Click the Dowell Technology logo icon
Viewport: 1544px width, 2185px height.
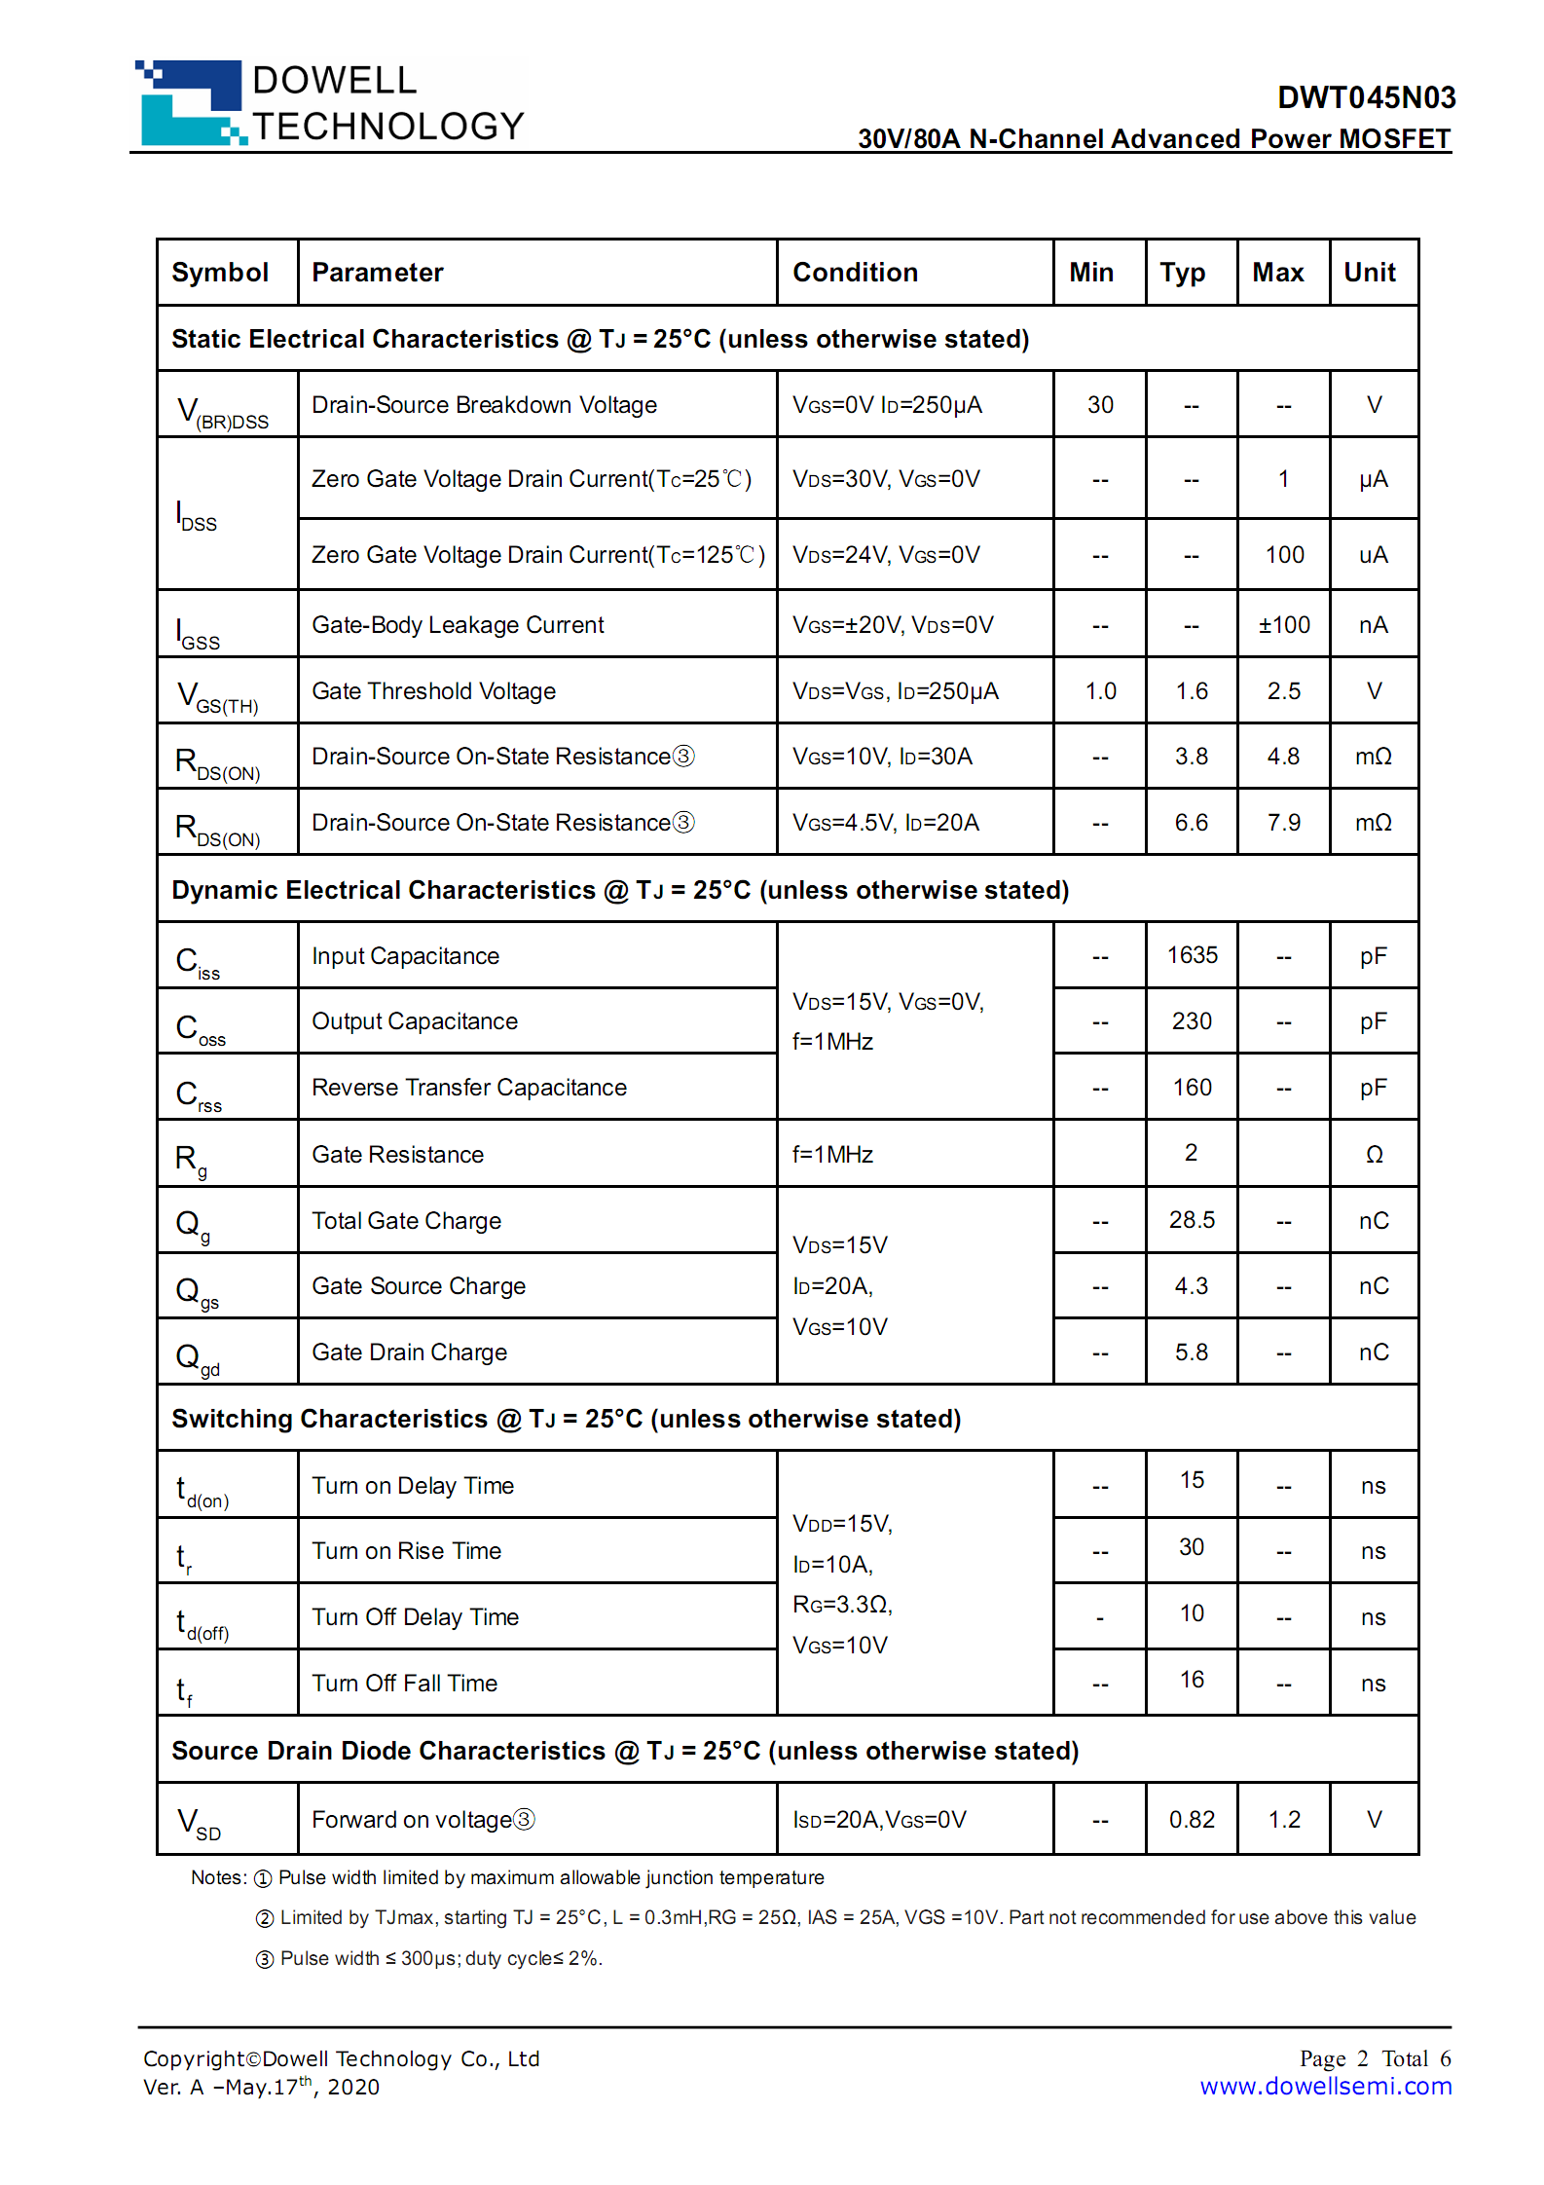[x=191, y=103]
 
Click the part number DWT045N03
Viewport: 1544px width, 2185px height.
[x=1366, y=97]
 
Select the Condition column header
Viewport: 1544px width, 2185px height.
[x=855, y=273]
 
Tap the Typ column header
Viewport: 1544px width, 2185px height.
[x=1182, y=273]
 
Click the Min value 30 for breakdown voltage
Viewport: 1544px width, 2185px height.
[x=1100, y=405]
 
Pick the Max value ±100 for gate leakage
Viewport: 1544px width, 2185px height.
[x=1284, y=625]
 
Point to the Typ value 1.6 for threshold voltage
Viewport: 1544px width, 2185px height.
[x=1192, y=691]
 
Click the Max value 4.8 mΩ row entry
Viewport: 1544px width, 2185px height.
[x=1283, y=757]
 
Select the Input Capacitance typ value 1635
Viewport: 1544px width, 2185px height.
[x=1192, y=955]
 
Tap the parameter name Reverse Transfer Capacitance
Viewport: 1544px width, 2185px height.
[x=469, y=1088]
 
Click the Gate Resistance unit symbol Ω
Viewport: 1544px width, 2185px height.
[x=1374, y=1155]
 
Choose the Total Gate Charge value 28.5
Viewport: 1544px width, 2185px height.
[x=1192, y=1220]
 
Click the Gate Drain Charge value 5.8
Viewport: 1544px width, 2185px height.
[x=1192, y=1352]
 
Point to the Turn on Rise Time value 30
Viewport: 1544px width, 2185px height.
[x=1192, y=1547]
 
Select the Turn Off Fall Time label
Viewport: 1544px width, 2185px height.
[x=405, y=1684]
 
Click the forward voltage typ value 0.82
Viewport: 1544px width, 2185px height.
[x=1192, y=1820]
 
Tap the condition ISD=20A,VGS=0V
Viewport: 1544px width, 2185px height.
[x=879, y=1820]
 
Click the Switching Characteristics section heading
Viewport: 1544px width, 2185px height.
[x=566, y=1420]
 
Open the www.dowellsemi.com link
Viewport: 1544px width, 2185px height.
[x=1325, y=2087]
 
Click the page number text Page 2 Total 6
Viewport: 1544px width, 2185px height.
[x=1375, y=2058]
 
